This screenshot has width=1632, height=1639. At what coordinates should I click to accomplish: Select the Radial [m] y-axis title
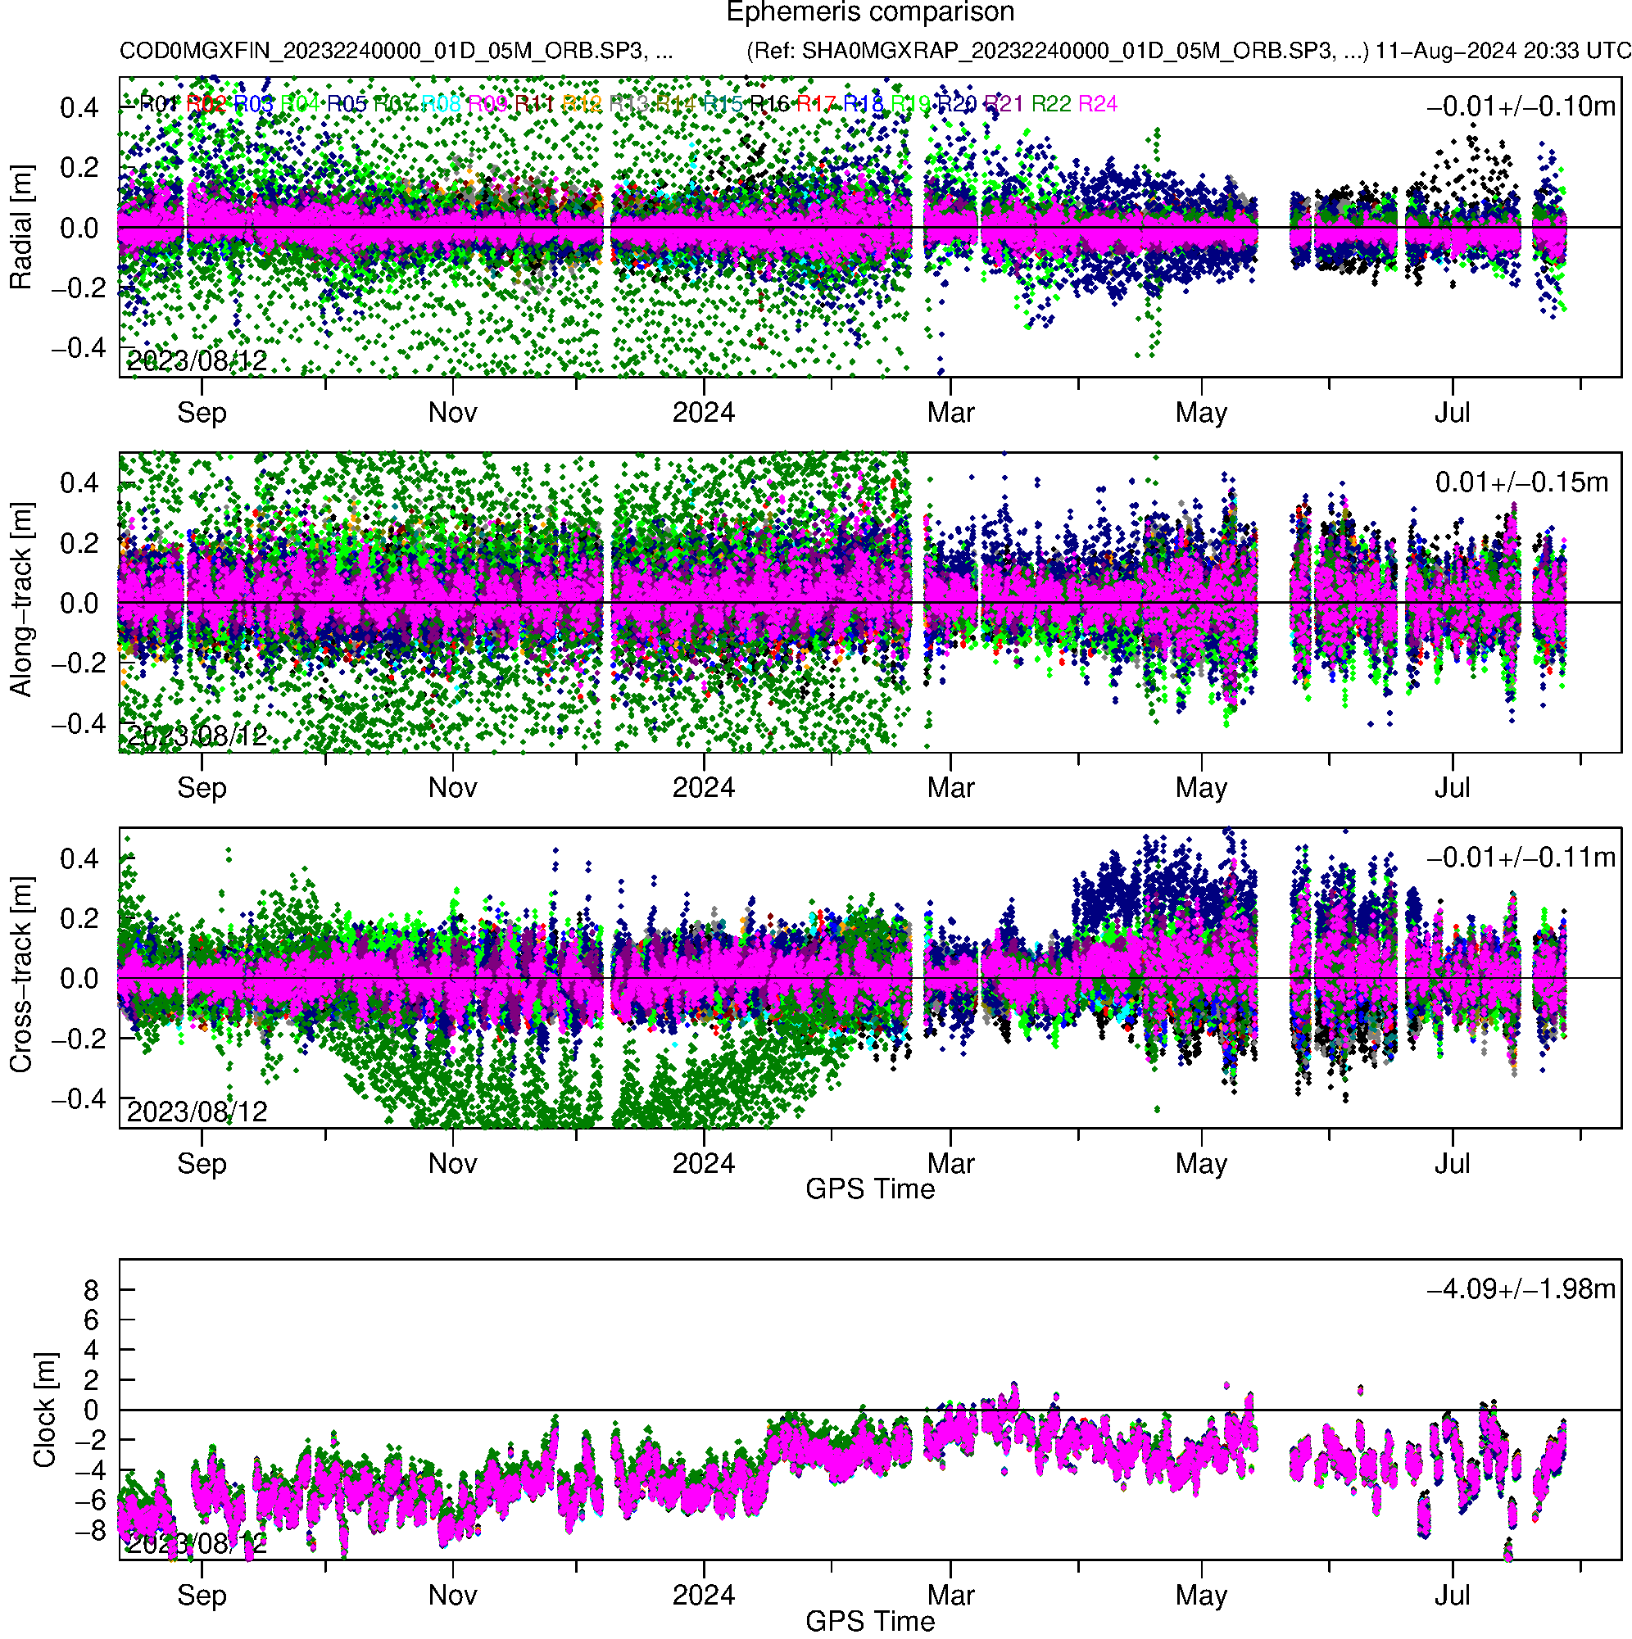(20, 227)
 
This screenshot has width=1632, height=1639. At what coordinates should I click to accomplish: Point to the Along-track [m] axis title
(20, 600)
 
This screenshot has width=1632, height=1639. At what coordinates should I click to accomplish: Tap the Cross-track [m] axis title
(20, 975)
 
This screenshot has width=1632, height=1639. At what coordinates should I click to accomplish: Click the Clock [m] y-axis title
(44, 1409)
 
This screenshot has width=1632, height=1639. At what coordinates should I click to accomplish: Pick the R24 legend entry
(1096, 104)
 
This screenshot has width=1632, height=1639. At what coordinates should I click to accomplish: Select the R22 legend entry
(1050, 104)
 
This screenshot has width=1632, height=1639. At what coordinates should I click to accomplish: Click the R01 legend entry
(158, 104)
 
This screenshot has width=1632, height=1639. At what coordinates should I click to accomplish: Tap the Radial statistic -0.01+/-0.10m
(1520, 106)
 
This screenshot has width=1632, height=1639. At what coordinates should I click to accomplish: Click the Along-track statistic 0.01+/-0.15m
(1521, 482)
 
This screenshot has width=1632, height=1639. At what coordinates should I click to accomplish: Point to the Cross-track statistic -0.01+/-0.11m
(1520, 858)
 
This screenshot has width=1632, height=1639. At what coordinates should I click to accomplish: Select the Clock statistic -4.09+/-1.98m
(1520, 1289)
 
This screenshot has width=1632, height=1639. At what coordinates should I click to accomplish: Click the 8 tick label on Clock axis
(91, 1290)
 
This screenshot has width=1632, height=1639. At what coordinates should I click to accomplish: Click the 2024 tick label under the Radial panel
(703, 413)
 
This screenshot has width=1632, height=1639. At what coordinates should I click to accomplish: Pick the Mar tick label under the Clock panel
(950, 1596)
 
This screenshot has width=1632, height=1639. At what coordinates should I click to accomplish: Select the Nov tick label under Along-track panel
(452, 788)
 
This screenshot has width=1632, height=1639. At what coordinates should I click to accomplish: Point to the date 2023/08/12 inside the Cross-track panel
(197, 1112)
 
